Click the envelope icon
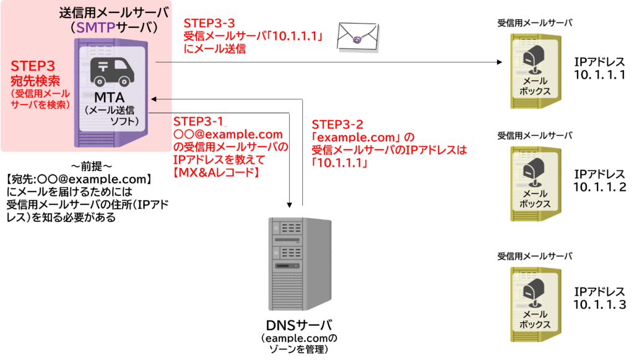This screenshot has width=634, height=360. click(358, 37)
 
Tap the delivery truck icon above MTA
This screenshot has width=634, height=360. click(112, 72)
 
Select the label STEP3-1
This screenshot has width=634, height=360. click(198, 121)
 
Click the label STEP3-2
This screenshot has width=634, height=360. click(337, 124)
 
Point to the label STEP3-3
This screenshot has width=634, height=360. click(209, 23)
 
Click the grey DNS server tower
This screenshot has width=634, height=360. click(300, 264)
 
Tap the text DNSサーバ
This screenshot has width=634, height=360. click(299, 325)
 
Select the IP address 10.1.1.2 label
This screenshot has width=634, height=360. click(599, 187)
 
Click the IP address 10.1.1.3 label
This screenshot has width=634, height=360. click(599, 304)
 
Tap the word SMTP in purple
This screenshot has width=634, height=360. click(96, 27)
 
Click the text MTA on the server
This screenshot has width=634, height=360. click(109, 97)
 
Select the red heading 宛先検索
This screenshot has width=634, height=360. click(35, 81)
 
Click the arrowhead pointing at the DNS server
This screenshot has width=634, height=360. click(290, 205)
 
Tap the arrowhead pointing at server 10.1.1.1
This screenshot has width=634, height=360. click(500, 63)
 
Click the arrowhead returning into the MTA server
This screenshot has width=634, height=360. click(154, 99)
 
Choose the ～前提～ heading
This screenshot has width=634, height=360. click(92, 166)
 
